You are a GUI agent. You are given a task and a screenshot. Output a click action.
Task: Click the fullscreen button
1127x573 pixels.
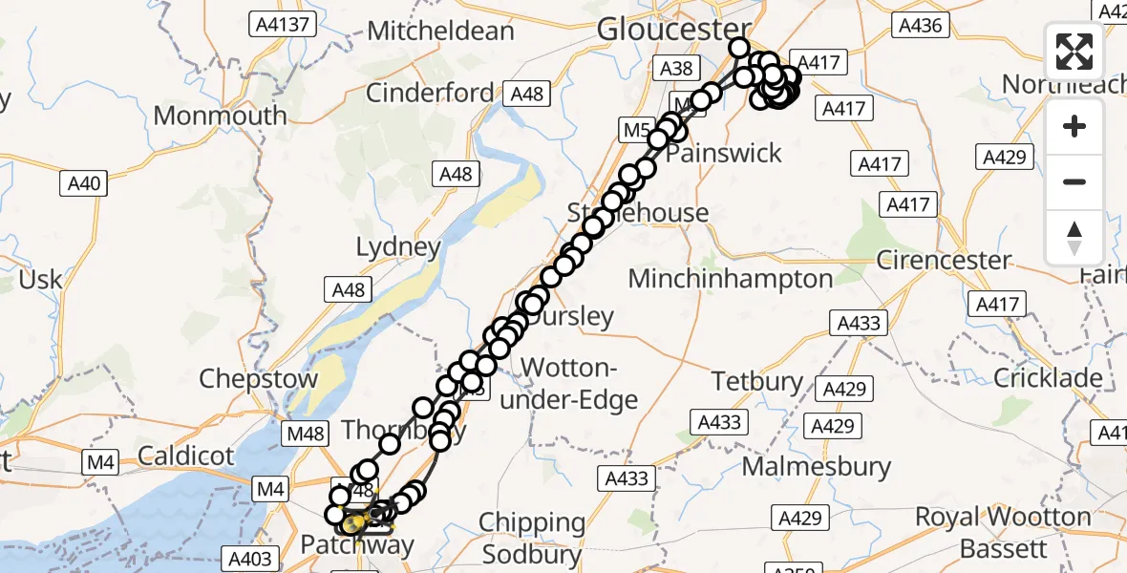(x=1074, y=52)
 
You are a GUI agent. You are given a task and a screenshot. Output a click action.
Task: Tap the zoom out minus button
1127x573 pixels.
(x=1074, y=181)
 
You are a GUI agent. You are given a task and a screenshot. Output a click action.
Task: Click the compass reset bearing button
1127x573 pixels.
(x=1074, y=237)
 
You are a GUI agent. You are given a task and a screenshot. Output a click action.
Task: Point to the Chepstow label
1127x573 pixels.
(x=258, y=378)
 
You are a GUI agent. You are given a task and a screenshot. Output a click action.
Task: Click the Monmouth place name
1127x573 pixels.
(x=220, y=116)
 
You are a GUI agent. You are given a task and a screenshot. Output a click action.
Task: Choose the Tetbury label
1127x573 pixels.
(x=757, y=382)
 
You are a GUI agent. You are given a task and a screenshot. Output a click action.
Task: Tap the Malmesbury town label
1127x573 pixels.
(x=817, y=468)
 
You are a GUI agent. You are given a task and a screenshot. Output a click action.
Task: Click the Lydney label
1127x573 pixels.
(x=398, y=247)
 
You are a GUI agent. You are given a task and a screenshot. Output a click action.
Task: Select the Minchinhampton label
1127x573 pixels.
(x=731, y=279)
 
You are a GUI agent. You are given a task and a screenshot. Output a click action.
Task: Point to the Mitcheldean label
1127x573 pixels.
(x=440, y=31)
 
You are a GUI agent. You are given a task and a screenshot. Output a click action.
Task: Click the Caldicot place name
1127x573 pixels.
(x=185, y=456)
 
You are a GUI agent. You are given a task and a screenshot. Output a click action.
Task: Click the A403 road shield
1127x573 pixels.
(x=251, y=559)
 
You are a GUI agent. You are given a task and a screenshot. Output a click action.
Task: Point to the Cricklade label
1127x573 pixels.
(x=1048, y=378)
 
